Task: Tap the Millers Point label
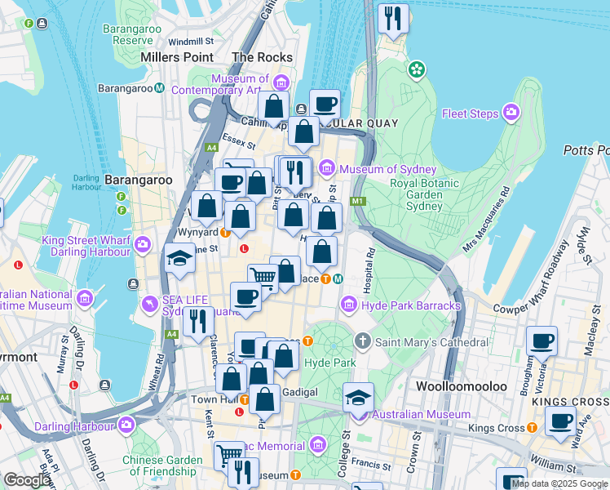click(177, 57)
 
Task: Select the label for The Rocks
click(262, 57)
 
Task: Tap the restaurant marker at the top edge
click(394, 18)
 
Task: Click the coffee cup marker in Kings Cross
click(559, 422)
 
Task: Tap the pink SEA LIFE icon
click(149, 305)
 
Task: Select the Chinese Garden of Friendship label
click(162, 465)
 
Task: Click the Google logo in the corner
click(27, 480)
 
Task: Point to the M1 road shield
click(356, 202)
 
